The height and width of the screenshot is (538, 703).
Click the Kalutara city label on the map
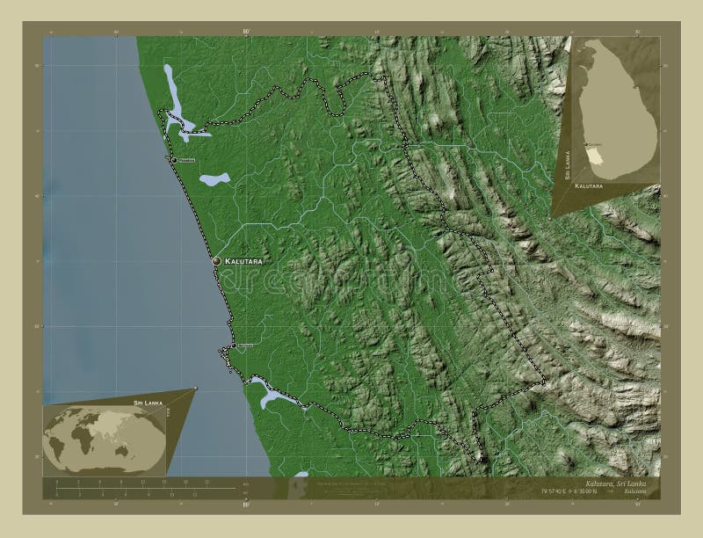pyautogui.click(x=243, y=262)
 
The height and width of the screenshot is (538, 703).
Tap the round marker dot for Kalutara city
pyautogui.click(x=216, y=261)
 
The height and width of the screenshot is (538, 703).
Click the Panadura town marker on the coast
pyautogui.click(x=174, y=160)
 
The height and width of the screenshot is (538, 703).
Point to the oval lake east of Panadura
pyautogui.click(x=214, y=179)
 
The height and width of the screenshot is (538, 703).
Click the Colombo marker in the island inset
pyautogui.click(x=585, y=143)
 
